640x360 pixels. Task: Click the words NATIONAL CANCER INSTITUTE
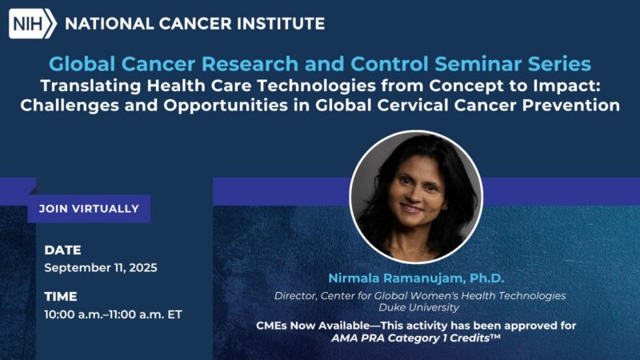pos(194,23)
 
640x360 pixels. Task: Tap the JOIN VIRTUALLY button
pos(89,209)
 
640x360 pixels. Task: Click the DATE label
pos(62,250)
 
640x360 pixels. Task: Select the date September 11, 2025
pos(101,268)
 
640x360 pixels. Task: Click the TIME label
pos(61,296)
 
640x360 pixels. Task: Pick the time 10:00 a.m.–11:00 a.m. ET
pos(114,314)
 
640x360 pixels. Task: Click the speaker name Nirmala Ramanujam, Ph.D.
pos(415,278)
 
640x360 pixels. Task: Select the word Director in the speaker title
pos(296,296)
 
